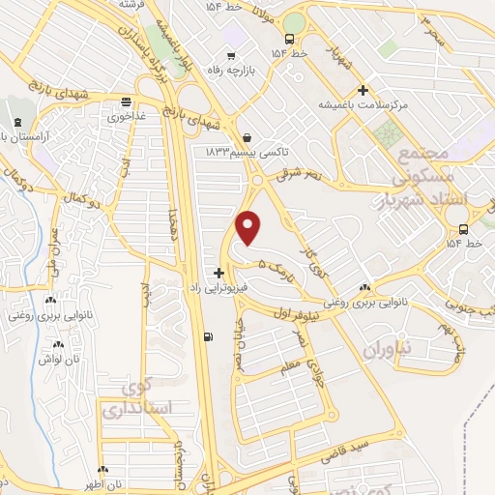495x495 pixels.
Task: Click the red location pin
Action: pyautogui.click(x=249, y=228)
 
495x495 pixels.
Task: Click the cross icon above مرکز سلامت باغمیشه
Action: pyautogui.click(x=362, y=89)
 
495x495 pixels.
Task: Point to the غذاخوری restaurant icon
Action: pyautogui.click(x=126, y=102)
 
